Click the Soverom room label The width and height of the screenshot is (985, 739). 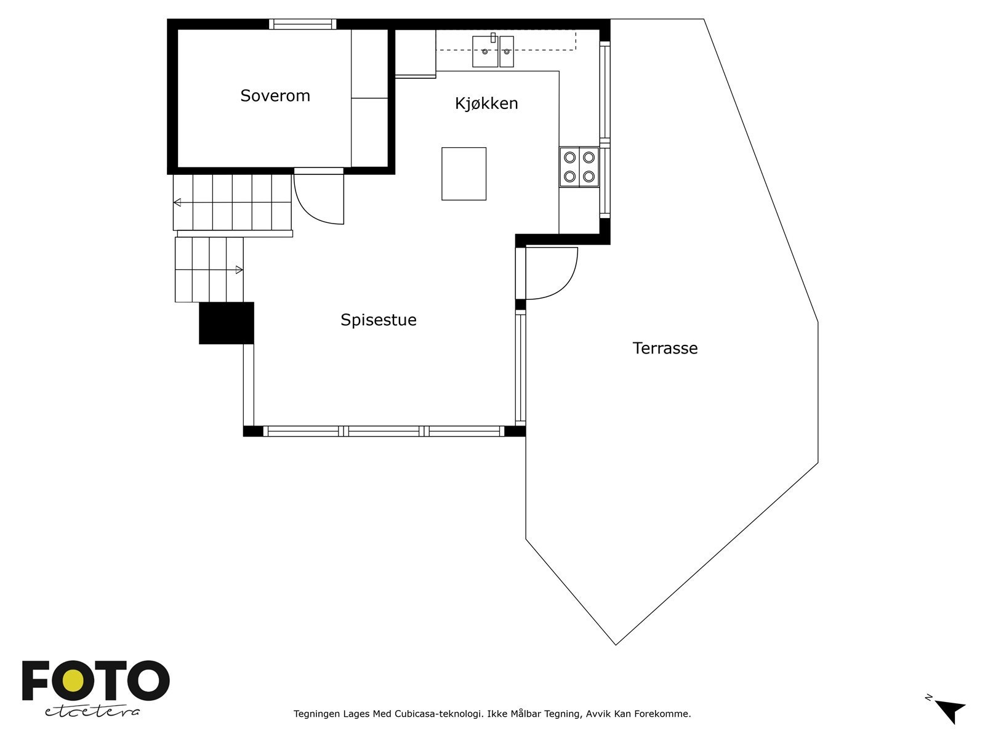coord(275,96)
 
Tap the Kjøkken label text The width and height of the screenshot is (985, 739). coord(486,103)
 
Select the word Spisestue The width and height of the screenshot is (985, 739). coord(379,320)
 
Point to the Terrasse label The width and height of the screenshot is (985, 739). coord(665,349)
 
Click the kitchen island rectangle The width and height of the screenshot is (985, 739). coord(464,174)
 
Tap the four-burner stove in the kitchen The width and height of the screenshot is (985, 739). coord(579,167)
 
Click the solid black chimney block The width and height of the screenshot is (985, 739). coord(227,323)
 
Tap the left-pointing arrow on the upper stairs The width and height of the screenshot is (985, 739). coord(177,202)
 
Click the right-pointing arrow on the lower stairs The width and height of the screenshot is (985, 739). coord(239,270)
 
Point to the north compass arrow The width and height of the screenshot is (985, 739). coord(951,711)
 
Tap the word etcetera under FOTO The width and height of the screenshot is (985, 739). coord(92,711)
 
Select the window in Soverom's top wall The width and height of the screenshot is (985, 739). coord(302,25)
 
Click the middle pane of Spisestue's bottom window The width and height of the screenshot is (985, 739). coord(384,431)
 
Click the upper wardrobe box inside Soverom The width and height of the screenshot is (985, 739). coord(369,63)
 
